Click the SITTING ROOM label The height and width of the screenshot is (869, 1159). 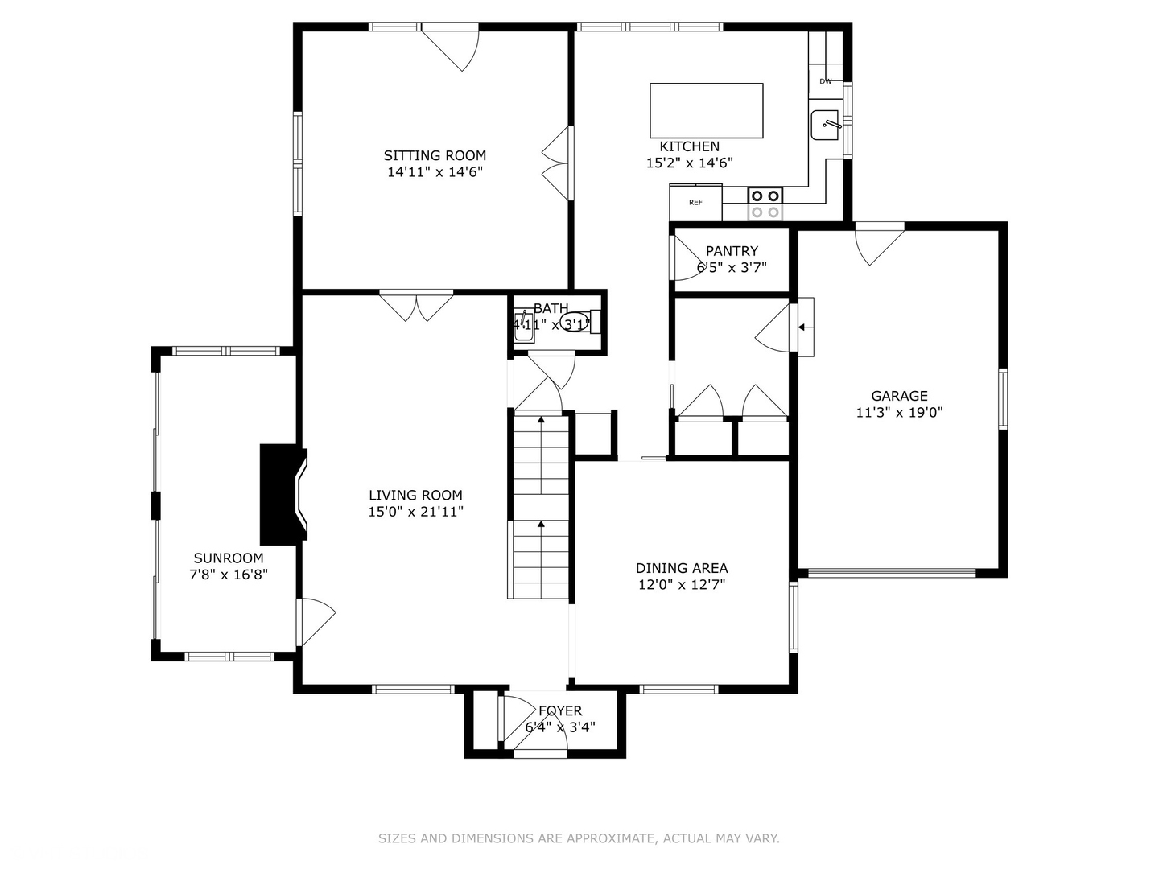pos(435,155)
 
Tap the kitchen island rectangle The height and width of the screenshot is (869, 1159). pos(706,110)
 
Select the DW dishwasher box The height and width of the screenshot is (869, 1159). pos(826,81)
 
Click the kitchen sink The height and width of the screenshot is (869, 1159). pos(825,125)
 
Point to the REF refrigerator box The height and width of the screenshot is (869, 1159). pos(695,202)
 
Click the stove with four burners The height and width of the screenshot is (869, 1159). pos(765,203)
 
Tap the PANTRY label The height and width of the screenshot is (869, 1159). pos(732,251)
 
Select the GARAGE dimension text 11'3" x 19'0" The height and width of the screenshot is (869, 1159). pos(899,413)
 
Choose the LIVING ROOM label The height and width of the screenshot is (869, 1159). pos(415,496)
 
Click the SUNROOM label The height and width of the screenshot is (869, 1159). pos(229,558)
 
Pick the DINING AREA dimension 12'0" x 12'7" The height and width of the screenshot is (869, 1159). pos(682,585)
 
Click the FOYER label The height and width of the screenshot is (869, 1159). pos(560,711)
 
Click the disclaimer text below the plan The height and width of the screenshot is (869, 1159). pos(579,838)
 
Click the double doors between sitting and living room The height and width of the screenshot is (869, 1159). pos(416,306)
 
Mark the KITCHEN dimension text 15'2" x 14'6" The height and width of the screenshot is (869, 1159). pos(689,163)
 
